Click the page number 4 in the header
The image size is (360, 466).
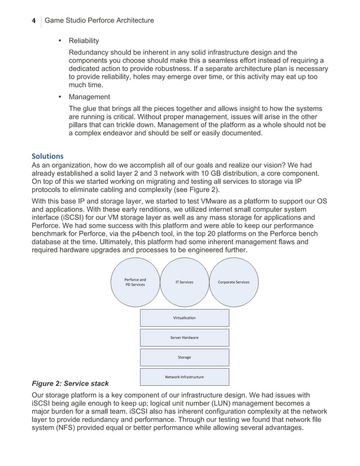tap(33, 21)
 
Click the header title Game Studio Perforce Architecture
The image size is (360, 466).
tap(99, 21)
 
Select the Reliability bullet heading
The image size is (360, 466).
tap(84, 41)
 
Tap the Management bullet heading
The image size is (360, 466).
tap(89, 97)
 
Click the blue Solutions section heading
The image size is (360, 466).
tap(47, 156)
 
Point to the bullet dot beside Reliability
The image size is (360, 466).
tap(60, 41)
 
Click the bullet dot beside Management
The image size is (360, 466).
tap(60, 97)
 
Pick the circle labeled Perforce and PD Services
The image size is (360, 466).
tap(135, 282)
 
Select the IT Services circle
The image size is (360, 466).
tap(184, 282)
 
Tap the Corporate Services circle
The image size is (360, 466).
tap(233, 282)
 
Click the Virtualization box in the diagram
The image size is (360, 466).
tap(184, 318)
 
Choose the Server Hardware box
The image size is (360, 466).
tap(184, 337)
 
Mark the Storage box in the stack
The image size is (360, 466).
tap(184, 357)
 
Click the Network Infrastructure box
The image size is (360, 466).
tap(184, 377)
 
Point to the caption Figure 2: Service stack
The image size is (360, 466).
tap(70, 384)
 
